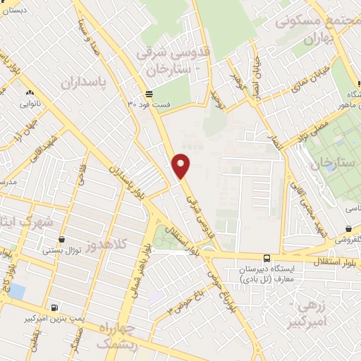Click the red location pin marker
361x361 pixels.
coord(182,166)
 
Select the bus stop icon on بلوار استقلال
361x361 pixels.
coord(267,258)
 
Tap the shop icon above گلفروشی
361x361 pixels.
coord(350,228)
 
